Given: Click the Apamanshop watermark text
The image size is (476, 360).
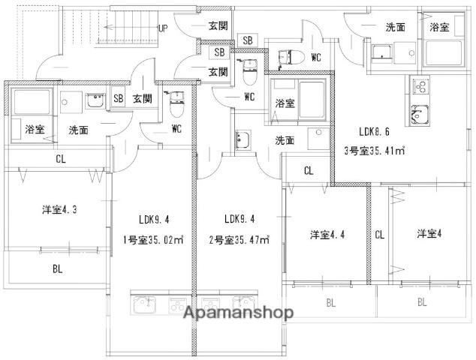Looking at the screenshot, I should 235,313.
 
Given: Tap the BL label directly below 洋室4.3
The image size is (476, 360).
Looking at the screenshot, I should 57,268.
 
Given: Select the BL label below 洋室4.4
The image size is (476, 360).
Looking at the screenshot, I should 331,303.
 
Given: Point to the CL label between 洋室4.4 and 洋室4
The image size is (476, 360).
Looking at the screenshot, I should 380,235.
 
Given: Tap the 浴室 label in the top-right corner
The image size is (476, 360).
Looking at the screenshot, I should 439,26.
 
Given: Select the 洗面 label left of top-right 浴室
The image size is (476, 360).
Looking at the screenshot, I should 396,26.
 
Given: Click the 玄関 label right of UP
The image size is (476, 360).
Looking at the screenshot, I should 218,26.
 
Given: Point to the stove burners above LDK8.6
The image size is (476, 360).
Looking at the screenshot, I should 419,84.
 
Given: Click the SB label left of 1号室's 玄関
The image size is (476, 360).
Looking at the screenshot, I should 118,98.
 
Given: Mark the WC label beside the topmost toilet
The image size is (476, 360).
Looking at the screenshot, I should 315,57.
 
